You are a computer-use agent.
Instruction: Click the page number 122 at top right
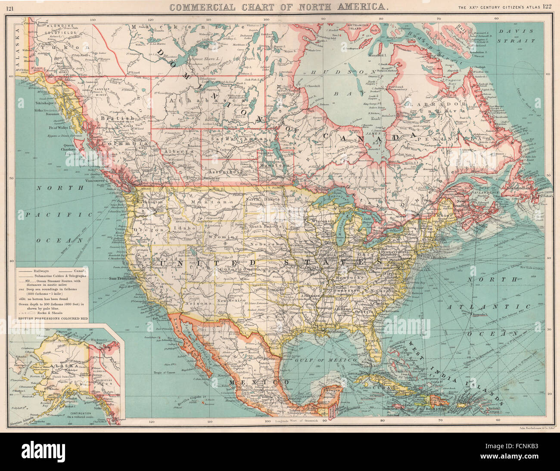click(x=547, y=6)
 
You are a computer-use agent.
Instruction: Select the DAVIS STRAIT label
click(x=517, y=36)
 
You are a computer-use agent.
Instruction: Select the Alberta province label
click(x=177, y=152)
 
